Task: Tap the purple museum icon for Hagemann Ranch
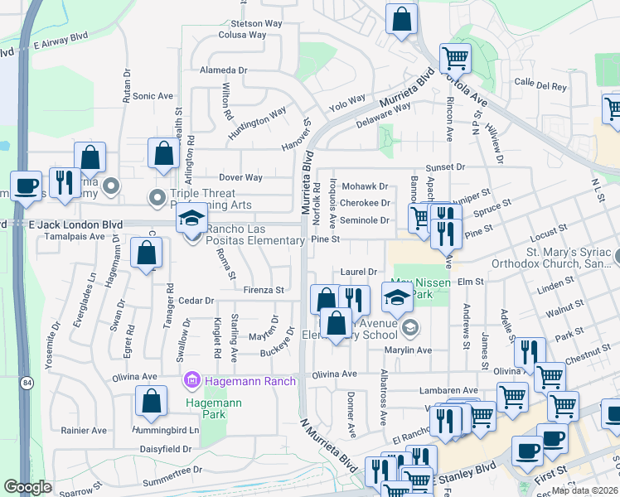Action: coord(192,380)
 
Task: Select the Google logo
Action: coord(27,487)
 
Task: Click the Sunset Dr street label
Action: coord(445,166)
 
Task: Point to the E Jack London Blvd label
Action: coord(75,224)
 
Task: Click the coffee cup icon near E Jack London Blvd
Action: coord(26,187)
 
